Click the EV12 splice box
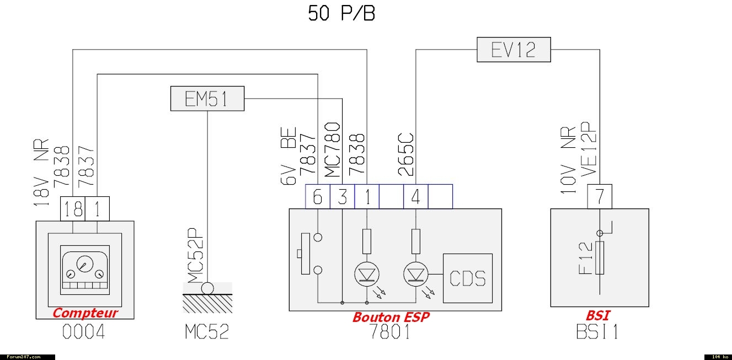pyautogui.click(x=513, y=50)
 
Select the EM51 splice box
pyautogui.click(x=207, y=99)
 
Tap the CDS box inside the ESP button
pyautogui.click(x=467, y=278)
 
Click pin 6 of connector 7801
pyautogui.click(x=318, y=197)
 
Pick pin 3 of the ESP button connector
pyautogui.click(x=343, y=197)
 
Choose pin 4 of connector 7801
pyautogui.click(x=416, y=197)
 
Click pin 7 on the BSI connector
pyautogui.click(x=600, y=196)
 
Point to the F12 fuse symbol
pyautogui.click(x=600, y=258)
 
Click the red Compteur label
pyautogui.click(x=85, y=313)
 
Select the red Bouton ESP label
pyautogui.click(x=391, y=317)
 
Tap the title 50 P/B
pyautogui.click(x=341, y=14)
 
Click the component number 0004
pyautogui.click(x=84, y=332)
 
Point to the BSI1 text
pyautogui.click(x=598, y=332)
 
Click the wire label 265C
pyautogui.click(x=407, y=155)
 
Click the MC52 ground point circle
pyautogui.click(x=207, y=288)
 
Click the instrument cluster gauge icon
pyautogui.click(x=84, y=270)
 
